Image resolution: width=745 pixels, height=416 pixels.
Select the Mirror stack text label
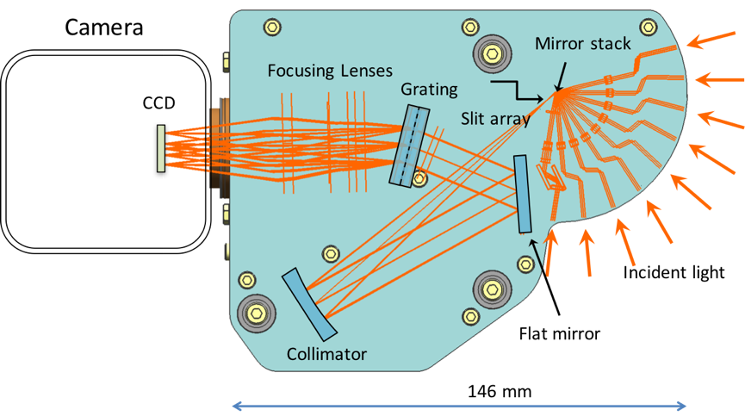(582, 43)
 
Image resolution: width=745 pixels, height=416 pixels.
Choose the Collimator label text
(327, 354)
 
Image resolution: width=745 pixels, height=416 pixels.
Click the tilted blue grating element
(407, 145)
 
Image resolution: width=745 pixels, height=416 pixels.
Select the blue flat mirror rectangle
(525, 194)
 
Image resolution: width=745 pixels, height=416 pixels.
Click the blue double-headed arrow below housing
(460, 406)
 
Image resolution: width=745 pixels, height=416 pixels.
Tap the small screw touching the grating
(419, 178)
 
